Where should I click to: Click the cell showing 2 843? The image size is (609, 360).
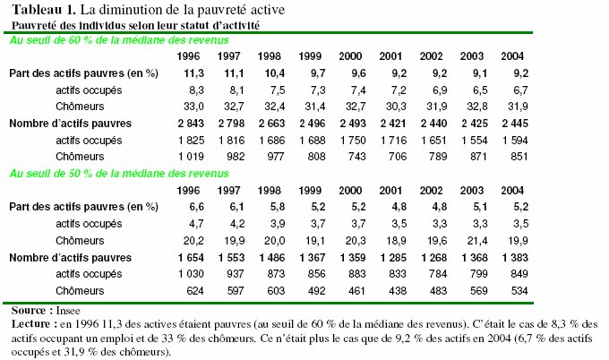tap(191, 124)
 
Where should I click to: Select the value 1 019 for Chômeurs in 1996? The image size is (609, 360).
tap(191, 157)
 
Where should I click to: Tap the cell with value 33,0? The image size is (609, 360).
tap(193, 107)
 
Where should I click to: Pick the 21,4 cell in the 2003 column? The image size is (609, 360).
tap(477, 241)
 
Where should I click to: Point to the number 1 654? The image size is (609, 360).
tap(191, 258)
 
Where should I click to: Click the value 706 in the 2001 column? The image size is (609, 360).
tap(397, 157)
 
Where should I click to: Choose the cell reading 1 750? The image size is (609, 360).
tap(353, 141)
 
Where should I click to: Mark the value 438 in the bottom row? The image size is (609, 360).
tap(397, 291)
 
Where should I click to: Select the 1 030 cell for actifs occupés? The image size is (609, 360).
tap(191, 274)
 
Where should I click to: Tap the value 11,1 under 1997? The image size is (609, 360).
tap(235, 73)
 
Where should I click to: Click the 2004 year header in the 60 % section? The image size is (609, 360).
tap(512, 56)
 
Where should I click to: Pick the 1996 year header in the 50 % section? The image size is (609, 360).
tap(188, 190)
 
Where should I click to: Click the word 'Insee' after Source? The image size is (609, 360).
tap(68, 311)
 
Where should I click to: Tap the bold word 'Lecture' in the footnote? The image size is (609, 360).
tap(31, 324)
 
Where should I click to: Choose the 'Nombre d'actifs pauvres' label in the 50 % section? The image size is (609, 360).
tap(70, 258)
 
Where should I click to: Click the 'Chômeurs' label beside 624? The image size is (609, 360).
tap(80, 291)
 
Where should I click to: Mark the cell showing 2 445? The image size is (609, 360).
tap(515, 124)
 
